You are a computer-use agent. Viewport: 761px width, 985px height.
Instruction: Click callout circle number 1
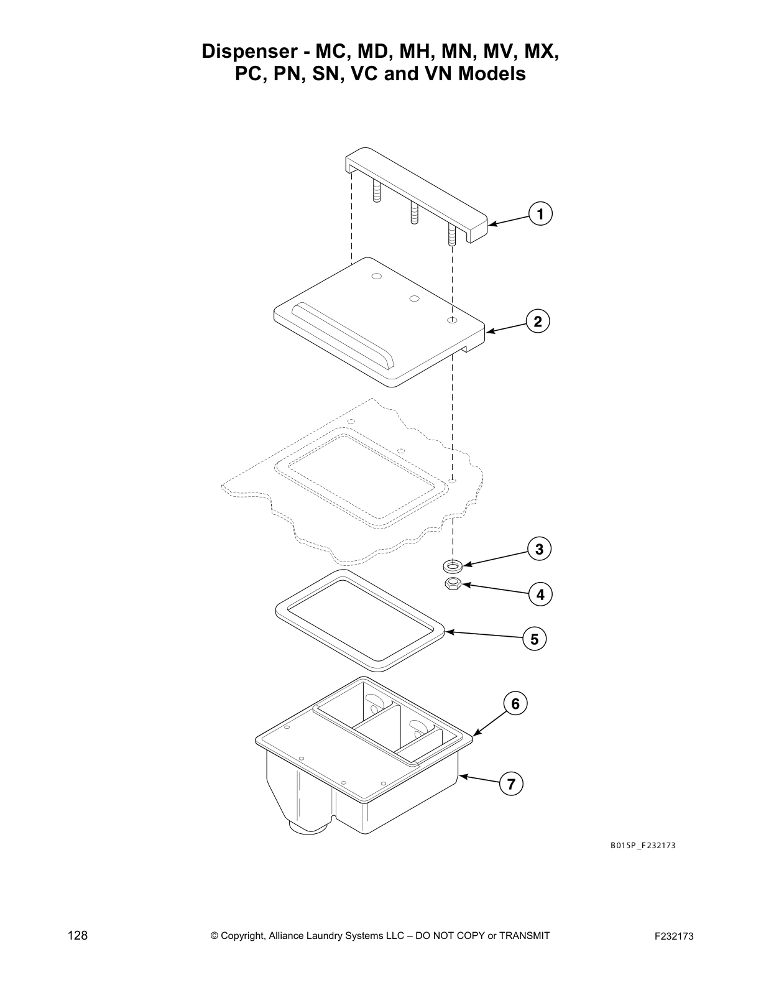point(540,215)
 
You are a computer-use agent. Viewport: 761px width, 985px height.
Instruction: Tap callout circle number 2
point(538,321)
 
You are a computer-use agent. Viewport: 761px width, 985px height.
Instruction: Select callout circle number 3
point(539,549)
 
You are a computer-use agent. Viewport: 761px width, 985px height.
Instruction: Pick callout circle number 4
point(540,594)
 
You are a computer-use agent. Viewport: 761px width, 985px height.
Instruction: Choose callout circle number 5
point(534,639)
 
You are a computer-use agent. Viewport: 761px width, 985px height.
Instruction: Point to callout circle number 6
point(515,703)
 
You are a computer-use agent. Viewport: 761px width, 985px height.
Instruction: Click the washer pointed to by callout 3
point(452,566)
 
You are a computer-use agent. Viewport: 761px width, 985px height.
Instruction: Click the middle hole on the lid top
point(413,298)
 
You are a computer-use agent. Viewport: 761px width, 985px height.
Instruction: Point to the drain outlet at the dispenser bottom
point(308,827)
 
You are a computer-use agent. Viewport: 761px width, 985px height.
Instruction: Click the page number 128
point(78,936)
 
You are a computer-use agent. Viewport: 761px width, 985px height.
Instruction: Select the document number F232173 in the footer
point(674,936)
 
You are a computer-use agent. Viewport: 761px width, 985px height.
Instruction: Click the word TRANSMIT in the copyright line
point(524,935)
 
